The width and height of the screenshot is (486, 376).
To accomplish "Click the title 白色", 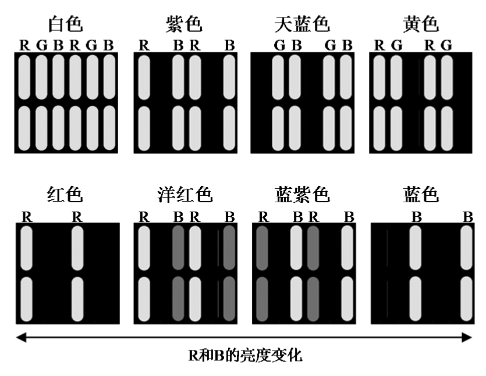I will click(66, 25).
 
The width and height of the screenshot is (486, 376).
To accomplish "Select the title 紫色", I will click(184, 25).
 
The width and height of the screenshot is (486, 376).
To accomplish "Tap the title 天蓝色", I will click(302, 25).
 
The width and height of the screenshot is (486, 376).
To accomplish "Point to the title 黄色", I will click(421, 25).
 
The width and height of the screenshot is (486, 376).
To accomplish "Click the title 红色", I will click(66, 195).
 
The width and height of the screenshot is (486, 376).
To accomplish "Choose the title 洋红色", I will click(185, 195).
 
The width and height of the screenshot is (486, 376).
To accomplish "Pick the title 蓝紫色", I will click(302, 195).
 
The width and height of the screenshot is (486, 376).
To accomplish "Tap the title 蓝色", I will click(421, 195).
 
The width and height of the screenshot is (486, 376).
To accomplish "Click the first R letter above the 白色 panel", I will click(24, 45).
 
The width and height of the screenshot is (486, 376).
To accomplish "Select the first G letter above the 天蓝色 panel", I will click(279, 45).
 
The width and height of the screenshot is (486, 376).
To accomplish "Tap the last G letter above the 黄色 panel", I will click(446, 45).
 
